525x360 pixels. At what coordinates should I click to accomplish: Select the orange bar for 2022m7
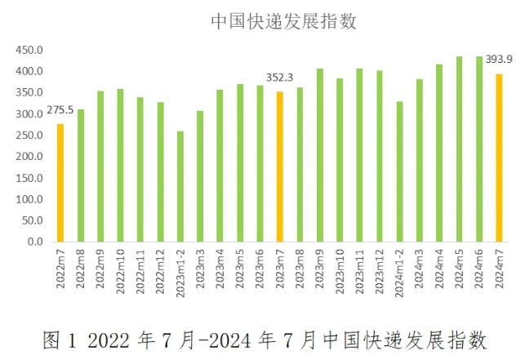point(60,183)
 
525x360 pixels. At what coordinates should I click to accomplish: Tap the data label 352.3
point(280,78)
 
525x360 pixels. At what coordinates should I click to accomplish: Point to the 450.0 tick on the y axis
point(29,50)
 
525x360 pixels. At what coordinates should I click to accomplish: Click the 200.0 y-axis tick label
point(29,157)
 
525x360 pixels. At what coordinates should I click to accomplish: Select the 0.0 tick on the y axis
point(34,242)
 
